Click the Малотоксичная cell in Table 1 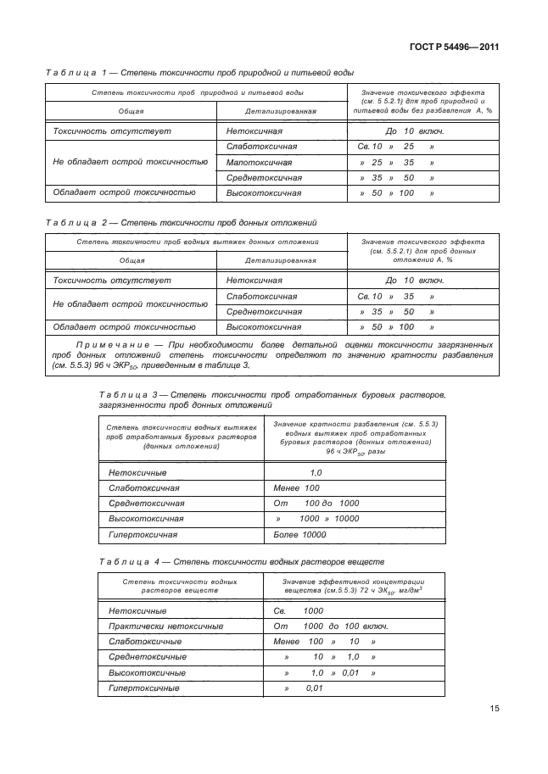point(260,162)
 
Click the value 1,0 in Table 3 point(316,472)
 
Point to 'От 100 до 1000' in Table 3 point(316,504)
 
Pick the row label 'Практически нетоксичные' point(160,626)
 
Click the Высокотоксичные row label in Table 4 point(142,672)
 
